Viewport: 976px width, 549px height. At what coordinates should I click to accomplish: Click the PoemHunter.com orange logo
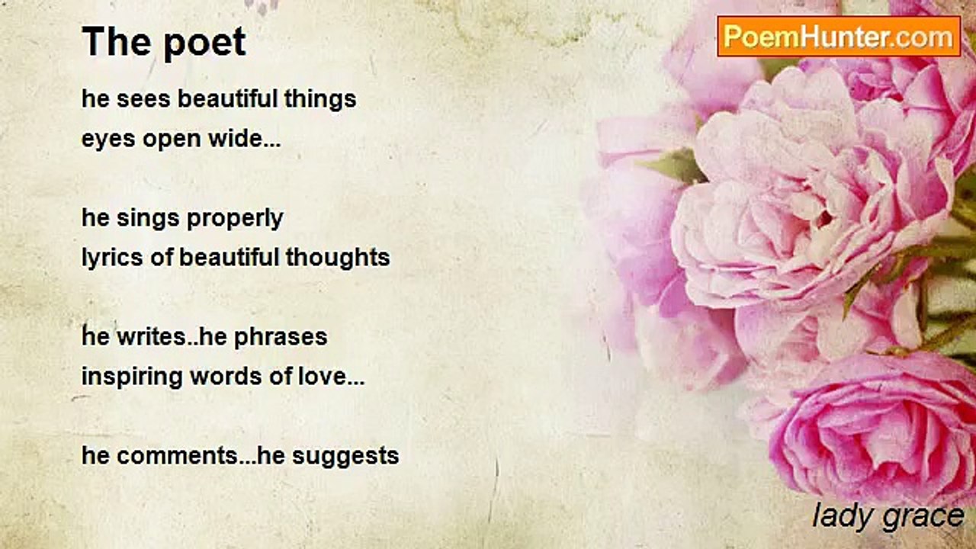point(839,37)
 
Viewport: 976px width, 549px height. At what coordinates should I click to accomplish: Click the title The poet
point(164,42)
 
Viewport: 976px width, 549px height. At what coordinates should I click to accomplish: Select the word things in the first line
point(320,100)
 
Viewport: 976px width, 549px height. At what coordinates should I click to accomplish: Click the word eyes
point(108,140)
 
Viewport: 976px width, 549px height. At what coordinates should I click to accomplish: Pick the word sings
point(148,219)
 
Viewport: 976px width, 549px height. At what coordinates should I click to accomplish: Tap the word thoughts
point(338,257)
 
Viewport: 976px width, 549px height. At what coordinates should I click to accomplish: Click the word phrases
point(281,338)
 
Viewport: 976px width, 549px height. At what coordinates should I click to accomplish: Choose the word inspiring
point(132,377)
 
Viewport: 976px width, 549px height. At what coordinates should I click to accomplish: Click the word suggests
point(345,457)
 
